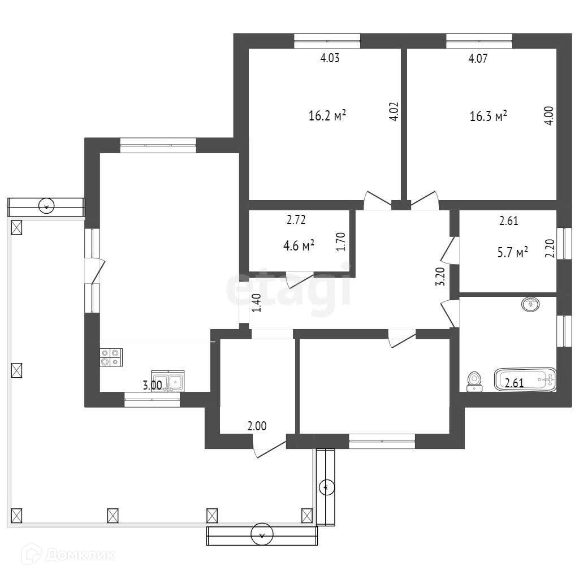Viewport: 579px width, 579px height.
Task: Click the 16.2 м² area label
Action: tap(327, 116)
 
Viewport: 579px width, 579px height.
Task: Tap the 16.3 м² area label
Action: tap(488, 116)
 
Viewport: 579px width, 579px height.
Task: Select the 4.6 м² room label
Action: tap(299, 245)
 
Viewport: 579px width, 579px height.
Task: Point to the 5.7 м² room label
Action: tap(512, 253)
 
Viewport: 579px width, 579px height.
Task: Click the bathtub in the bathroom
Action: tap(525, 379)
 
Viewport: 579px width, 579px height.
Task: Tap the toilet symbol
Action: tap(474, 382)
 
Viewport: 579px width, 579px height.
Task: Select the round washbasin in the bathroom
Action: tap(530, 304)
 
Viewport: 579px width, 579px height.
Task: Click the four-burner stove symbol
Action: tap(111, 357)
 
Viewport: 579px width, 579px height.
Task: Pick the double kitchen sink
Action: tap(167, 381)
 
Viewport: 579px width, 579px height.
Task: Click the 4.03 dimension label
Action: tap(330, 58)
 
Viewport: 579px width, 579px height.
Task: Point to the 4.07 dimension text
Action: tap(478, 58)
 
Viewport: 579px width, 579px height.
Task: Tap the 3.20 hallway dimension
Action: tap(440, 276)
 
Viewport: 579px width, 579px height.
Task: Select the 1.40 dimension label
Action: tap(256, 303)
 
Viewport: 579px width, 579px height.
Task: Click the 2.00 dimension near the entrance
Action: tap(257, 426)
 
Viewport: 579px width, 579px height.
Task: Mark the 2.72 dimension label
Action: tap(296, 220)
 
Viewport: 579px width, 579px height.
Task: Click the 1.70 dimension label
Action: tap(340, 241)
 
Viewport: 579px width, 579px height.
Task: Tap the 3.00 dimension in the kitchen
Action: tap(152, 385)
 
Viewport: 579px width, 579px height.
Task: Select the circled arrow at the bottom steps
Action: tap(262, 534)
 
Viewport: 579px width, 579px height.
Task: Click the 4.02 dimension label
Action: tap(394, 111)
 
